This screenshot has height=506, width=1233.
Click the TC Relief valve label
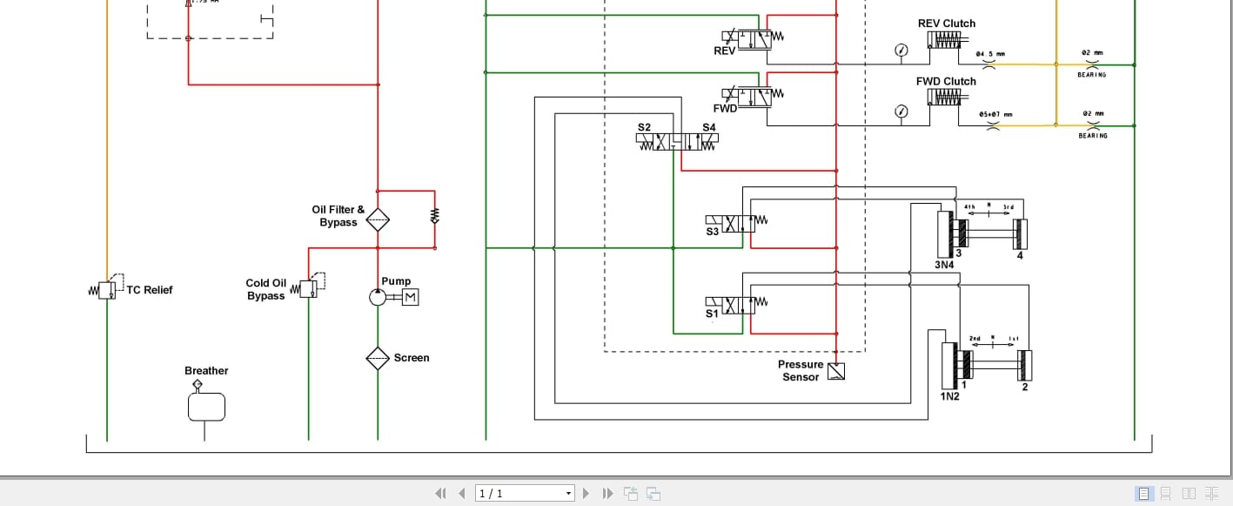pyautogui.click(x=149, y=290)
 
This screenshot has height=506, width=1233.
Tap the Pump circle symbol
pyautogui.click(x=378, y=297)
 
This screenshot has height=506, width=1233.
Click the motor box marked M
pyautogui.click(x=410, y=297)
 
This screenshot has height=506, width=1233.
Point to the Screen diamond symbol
pyautogui.click(x=378, y=358)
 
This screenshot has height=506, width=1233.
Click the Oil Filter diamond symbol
pyautogui.click(x=378, y=219)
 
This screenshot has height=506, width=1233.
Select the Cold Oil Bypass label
pyautogui.click(x=265, y=289)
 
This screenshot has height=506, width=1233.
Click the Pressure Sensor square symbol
pyautogui.click(x=836, y=372)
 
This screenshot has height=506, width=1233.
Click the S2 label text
pyautogui.click(x=644, y=127)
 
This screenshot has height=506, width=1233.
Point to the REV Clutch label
pyautogui.click(x=947, y=24)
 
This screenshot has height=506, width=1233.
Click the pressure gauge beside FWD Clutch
pyautogui.click(x=901, y=111)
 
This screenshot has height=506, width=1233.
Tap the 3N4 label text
pyautogui.click(x=945, y=265)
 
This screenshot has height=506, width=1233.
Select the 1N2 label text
pyautogui.click(x=949, y=396)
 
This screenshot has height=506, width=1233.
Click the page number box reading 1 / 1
pyautogui.click(x=525, y=494)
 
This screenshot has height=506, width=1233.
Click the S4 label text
pyautogui.click(x=709, y=127)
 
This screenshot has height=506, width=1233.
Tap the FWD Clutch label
pyautogui.click(x=946, y=81)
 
